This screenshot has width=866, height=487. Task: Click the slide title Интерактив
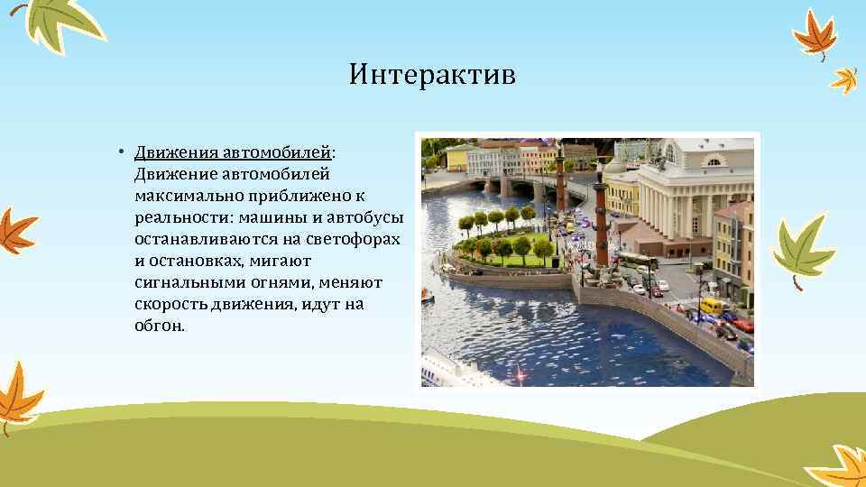tap(432, 74)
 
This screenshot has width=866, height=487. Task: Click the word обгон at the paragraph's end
tap(158, 326)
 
